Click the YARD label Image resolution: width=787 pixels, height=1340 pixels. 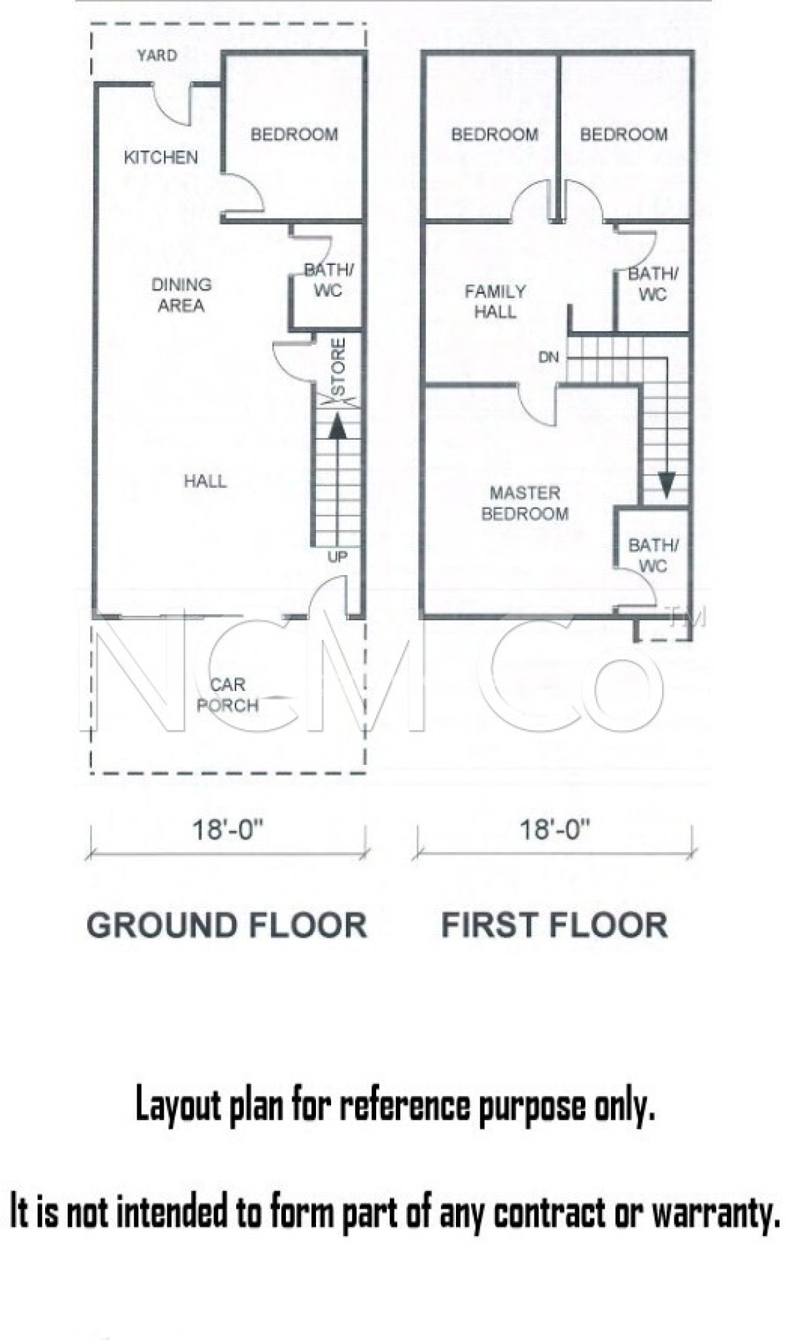(x=157, y=56)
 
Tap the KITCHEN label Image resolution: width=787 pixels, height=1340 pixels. (x=161, y=157)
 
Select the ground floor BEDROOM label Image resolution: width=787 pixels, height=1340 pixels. (x=294, y=134)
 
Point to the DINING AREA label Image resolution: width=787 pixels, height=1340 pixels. (x=181, y=295)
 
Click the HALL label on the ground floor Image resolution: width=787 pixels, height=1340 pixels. (x=205, y=482)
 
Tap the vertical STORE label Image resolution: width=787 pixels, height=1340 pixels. (x=338, y=367)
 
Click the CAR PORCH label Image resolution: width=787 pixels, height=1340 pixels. (x=228, y=695)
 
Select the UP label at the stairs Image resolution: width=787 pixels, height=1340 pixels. (x=338, y=557)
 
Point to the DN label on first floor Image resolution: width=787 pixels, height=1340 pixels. (x=548, y=357)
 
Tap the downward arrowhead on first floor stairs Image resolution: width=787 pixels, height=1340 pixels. (x=666, y=485)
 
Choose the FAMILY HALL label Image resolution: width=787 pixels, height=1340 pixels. (x=495, y=301)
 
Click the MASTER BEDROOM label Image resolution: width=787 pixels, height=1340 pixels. (x=525, y=503)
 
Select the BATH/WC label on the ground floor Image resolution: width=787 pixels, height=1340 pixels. (x=328, y=280)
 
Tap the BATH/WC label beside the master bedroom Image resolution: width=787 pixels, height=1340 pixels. (x=654, y=555)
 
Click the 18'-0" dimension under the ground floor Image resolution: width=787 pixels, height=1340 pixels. (x=227, y=830)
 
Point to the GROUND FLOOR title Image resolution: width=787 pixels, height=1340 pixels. (x=227, y=926)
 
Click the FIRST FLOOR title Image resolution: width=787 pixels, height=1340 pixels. (x=555, y=926)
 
